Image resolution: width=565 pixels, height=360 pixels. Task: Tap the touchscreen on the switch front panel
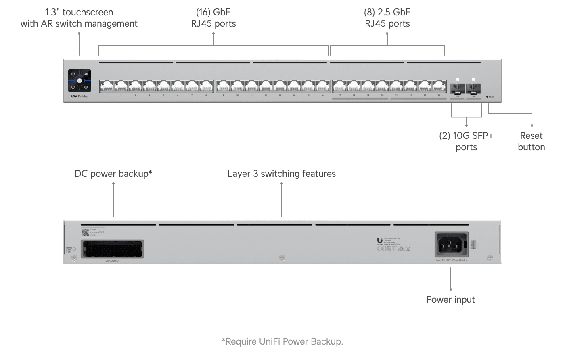(80, 81)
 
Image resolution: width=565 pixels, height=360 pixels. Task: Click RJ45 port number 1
(107, 86)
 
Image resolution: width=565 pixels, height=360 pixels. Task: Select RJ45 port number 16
(323, 86)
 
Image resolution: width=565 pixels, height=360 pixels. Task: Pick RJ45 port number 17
(339, 86)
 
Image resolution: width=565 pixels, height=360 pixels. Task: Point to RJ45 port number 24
(439, 86)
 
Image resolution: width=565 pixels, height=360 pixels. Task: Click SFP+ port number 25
(458, 88)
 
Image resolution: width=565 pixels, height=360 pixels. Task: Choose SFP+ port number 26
(473, 88)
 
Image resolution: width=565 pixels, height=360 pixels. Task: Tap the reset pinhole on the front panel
(488, 97)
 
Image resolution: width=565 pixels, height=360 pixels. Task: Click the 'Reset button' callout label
(531, 141)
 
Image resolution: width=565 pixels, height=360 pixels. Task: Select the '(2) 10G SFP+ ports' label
(466, 141)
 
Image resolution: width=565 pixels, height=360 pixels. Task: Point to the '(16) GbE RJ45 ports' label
(213, 18)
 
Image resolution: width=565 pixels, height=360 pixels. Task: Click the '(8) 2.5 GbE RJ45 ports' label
(387, 18)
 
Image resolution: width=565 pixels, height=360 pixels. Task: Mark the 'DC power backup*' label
(113, 174)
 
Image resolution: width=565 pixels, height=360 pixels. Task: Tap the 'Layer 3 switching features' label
(281, 174)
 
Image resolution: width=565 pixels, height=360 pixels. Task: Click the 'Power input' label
(450, 299)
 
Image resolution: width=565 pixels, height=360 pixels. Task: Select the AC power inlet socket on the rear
(451, 244)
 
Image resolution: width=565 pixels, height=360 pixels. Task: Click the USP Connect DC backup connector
(112, 249)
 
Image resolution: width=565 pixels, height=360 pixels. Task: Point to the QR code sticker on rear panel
(85, 232)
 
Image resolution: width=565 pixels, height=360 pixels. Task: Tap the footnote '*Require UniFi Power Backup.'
(282, 341)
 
